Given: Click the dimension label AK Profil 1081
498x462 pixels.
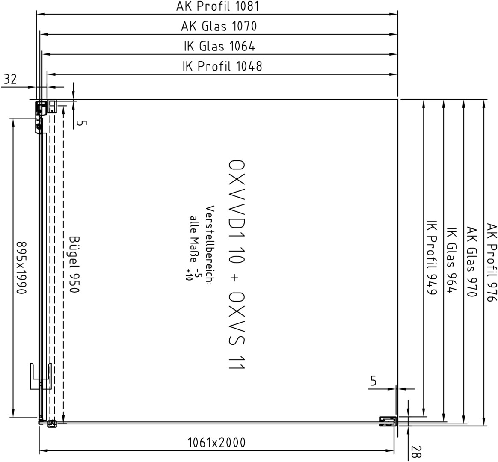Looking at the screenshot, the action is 218,6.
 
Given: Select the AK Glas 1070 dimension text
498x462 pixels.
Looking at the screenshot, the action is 219,26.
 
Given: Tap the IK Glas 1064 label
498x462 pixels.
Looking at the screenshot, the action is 219,46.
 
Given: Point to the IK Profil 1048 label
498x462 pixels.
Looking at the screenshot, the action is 222,66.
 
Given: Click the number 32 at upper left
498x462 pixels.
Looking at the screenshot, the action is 10,79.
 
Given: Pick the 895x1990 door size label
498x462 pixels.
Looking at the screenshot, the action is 21,268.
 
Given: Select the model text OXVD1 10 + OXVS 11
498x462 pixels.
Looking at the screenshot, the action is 237,264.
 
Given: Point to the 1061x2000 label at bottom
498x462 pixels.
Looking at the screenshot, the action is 216,442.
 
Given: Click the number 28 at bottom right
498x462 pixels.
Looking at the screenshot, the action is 416,452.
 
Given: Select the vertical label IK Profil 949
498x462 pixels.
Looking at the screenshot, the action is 432,262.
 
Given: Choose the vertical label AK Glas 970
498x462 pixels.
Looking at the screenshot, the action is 472,262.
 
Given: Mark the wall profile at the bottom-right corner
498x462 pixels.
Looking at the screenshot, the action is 388,421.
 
